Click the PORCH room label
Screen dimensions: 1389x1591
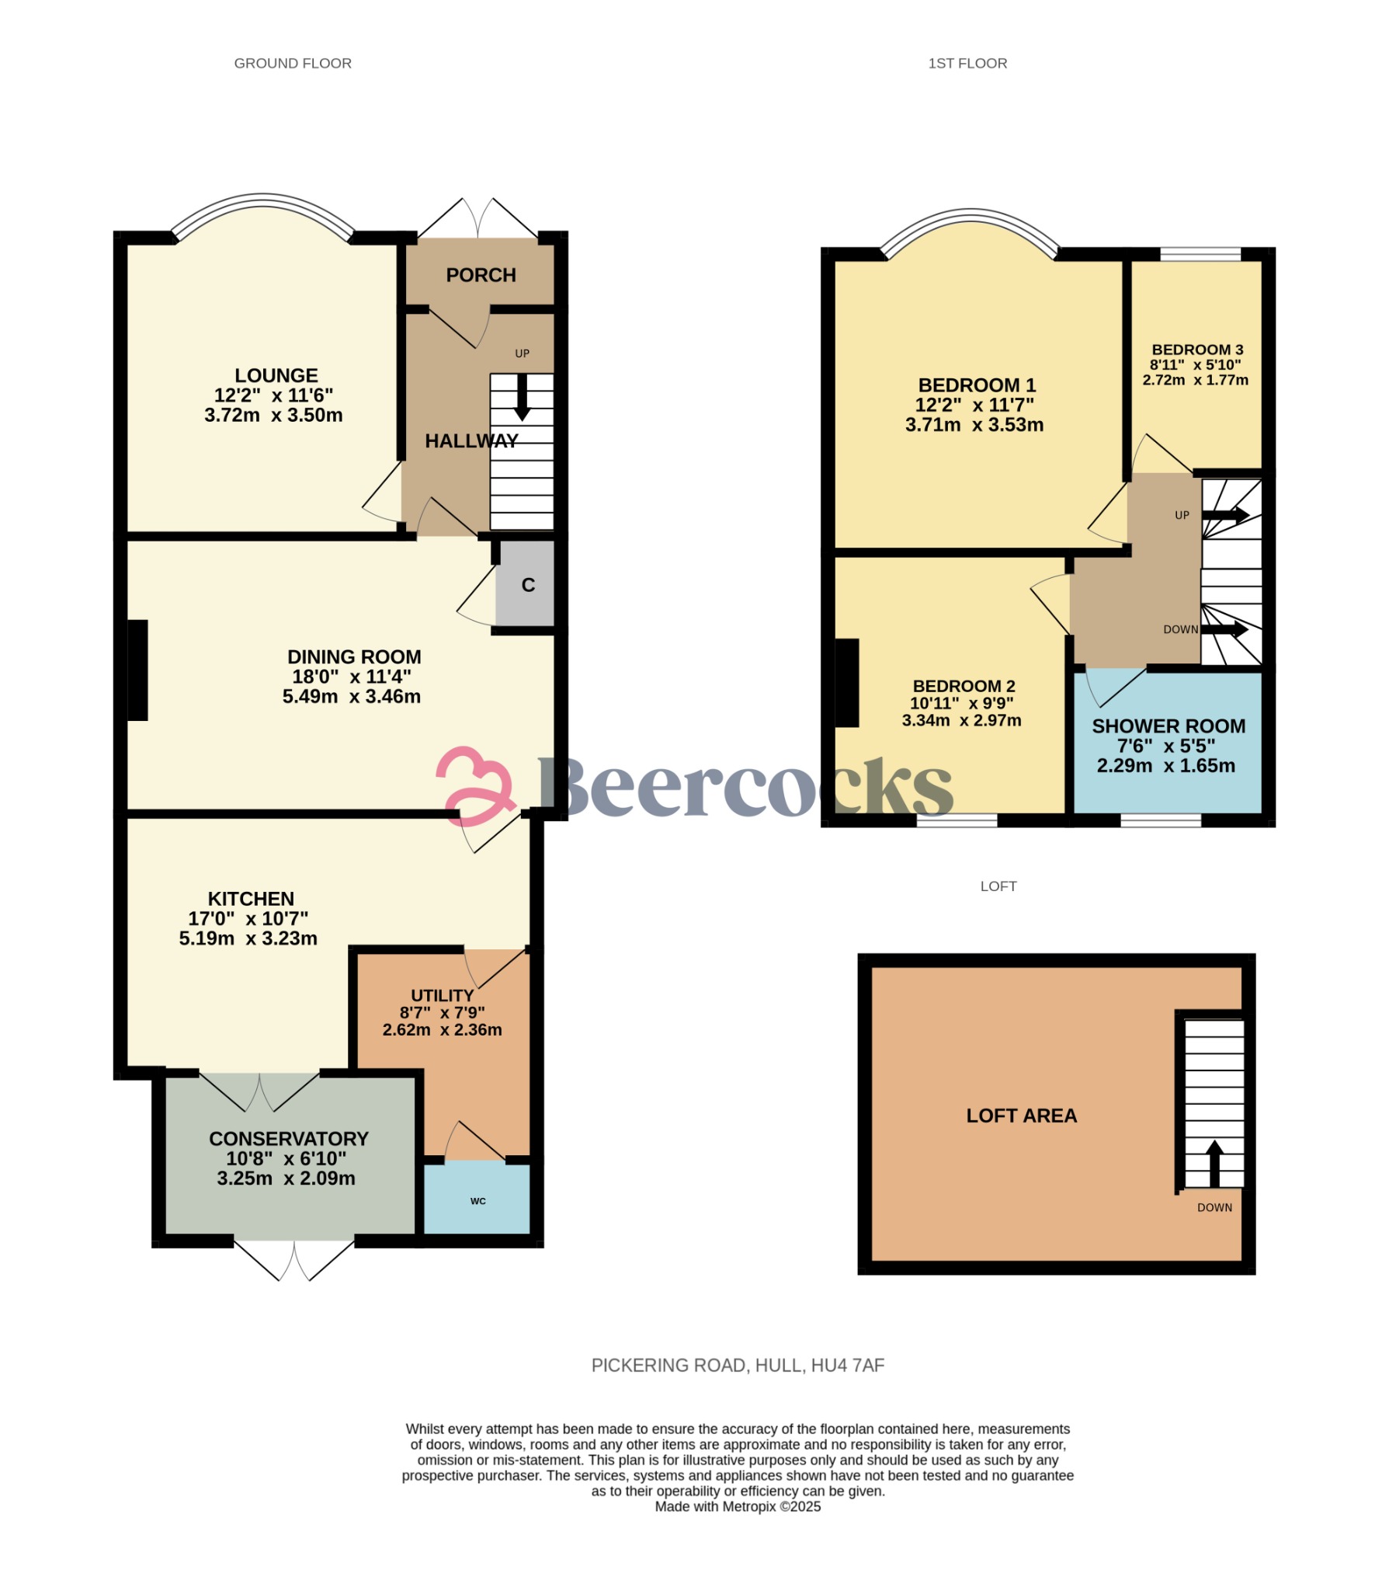(481, 275)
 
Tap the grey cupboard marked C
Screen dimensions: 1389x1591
(526, 584)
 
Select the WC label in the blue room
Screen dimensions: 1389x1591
(478, 1201)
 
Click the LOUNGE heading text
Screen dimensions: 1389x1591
(276, 375)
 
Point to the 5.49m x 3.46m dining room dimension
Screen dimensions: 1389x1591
(352, 696)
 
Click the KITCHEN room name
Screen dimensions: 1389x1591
(251, 899)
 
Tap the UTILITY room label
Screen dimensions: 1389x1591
(443, 995)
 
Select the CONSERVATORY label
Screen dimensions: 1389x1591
(289, 1139)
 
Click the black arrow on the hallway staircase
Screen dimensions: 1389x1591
(523, 397)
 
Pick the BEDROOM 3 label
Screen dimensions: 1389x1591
(1197, 350)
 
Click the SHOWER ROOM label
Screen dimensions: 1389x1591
(1168, 726)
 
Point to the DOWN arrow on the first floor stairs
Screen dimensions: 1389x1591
(1226, 630)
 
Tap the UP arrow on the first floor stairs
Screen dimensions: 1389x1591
(1226, 515)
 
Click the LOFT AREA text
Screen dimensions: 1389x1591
(1022, 1116)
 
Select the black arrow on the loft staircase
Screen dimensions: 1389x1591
(1214, 1164)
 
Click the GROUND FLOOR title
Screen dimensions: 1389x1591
(293, 64)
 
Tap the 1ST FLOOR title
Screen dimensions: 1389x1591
(967, 64)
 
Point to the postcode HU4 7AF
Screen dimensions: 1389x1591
(848, 1366)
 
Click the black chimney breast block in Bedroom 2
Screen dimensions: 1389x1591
(847, 683)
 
